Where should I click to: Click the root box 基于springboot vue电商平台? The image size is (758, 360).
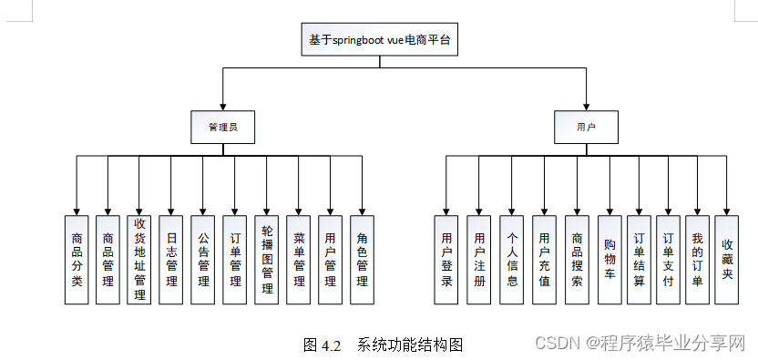click(x=379, y=41)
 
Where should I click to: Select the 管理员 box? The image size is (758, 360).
click(x=222, y=127)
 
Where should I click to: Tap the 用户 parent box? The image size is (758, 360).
click(x=586, y=127)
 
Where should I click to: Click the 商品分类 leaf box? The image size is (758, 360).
click(x=77, y=260)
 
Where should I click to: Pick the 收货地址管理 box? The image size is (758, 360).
click(x=139, y=260)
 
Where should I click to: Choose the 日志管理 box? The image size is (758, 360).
click(x=171, y=260)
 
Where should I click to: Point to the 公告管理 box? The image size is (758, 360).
click(x=203, y=260)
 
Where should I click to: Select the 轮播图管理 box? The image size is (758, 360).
click(x=267, y=260)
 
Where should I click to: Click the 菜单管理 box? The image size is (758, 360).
click(x=299, y=260)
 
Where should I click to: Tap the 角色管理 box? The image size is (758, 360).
click(x=362, y=260)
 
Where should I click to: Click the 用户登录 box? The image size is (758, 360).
click(x=446, y=260)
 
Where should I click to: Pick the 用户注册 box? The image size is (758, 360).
click(x=479, y=260)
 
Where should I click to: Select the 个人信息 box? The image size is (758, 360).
click(x=512, y=260)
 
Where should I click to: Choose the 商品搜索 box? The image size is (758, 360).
click(x=577, y=260)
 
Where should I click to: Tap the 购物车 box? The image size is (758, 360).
click(x=609, y=260)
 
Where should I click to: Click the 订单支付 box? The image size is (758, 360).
click(x=668, y=260)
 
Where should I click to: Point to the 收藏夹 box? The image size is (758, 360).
click(x=727, y=260)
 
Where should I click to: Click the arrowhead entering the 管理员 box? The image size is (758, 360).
click(x=222, y=107)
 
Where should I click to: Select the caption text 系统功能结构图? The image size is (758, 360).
click(x=411, y=345)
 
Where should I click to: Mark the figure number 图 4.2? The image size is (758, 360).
click(x=321, y=345)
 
